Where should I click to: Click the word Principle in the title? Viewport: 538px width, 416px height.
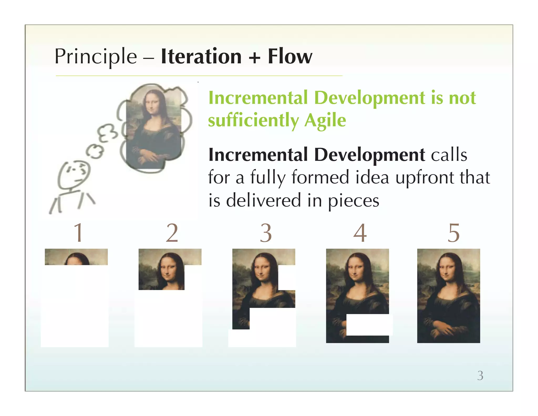[x=96, y=57]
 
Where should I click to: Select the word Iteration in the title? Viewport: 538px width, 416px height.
[x=201, y=57]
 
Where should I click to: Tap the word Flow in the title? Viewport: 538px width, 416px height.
[x=290, y=57]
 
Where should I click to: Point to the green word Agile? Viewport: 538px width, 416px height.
[x=325, y=120]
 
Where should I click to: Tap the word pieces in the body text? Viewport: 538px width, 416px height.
[x=354, y=201]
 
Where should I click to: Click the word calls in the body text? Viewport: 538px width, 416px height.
[x=449, y=155]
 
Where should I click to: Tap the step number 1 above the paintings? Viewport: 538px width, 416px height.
[x=79, y=232]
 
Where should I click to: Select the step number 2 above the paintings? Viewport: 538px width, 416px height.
[x=172, y=233]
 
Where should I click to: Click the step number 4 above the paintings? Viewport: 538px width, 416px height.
[x=360, y=233]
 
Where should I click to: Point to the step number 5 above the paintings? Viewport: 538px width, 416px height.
[x=454, y=233]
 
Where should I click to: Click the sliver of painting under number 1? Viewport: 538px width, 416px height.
[x=76, y=257]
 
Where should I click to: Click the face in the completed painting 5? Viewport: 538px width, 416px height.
[x=447, y=271]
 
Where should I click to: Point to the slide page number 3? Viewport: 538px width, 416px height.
[x=480, y=376]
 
